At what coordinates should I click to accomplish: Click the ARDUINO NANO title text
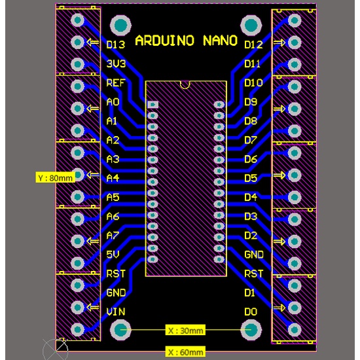pos(186,41)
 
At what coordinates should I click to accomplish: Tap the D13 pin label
pos(116,45)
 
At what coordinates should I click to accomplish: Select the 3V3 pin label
pos(116,63)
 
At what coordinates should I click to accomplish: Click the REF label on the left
pos(116,82)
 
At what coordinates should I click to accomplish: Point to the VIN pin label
pos(116,312)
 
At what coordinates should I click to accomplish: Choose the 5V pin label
pos(113,255)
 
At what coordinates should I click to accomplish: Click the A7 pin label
pos(113,236)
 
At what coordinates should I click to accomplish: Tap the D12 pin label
pos(253,45)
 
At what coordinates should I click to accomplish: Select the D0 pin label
pos(251,312)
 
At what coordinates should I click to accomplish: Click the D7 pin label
pos(251,140)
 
